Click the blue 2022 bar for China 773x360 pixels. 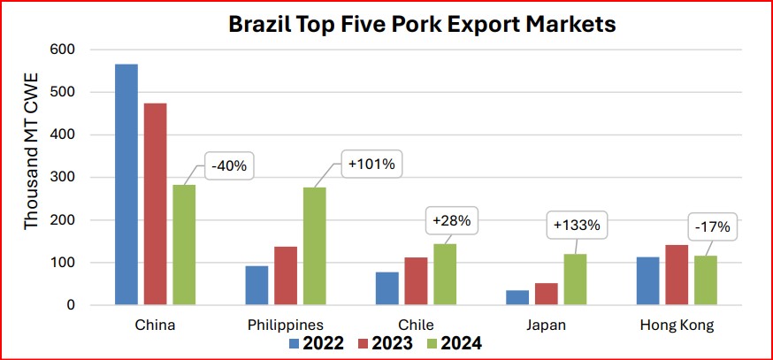coord(126,185)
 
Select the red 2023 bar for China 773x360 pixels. coord(156,204)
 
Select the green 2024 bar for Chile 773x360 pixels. coord(444,274)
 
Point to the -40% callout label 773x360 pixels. coord(233,165)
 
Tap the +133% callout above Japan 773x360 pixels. coord(576,225)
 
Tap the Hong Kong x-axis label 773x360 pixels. coord(677,326)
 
